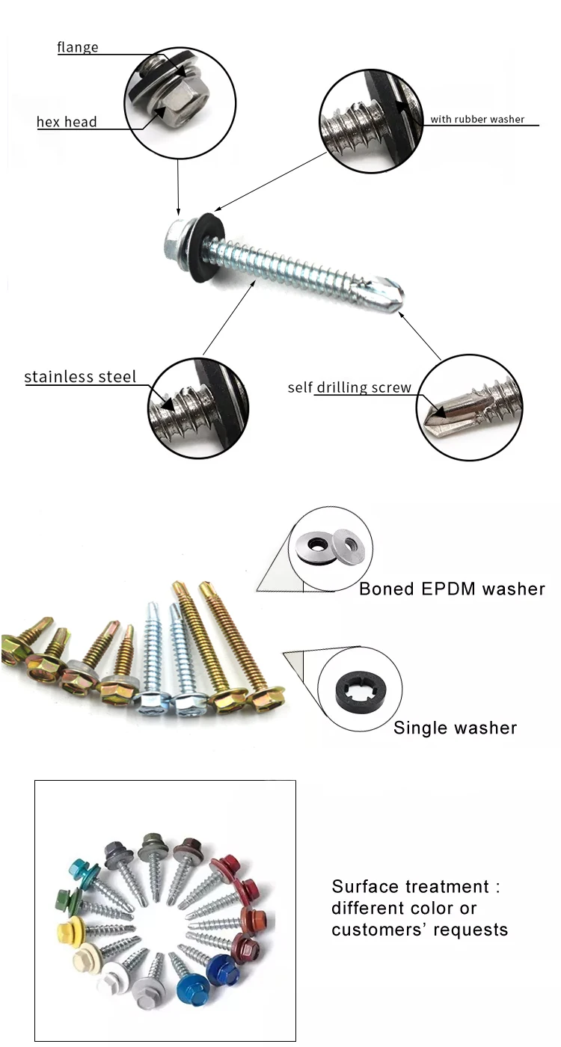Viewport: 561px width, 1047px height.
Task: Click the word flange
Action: [x=77, y=47]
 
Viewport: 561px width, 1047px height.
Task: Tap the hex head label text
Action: [x=67, y=121]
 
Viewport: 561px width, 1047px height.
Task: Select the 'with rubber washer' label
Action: [x=476, y=119]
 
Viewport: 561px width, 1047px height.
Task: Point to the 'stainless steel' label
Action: [x=80, y=376]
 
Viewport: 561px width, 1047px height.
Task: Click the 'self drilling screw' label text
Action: [x=349, y=387]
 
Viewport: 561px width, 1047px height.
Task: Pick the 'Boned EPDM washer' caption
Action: [x=452, y=589]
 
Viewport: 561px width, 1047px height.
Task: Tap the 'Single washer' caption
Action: [x=455, y=727]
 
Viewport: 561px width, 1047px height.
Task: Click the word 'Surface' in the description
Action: [x=365, y=887]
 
